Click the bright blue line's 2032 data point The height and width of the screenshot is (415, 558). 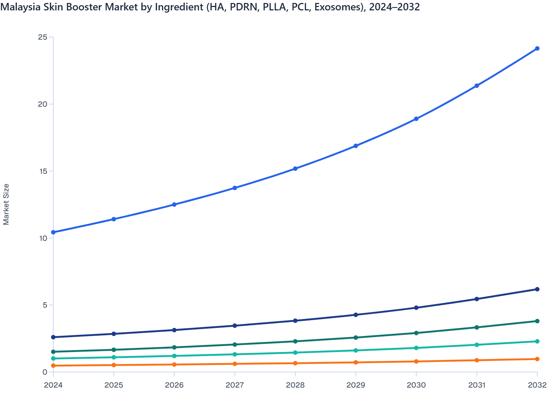[x=537, y=49]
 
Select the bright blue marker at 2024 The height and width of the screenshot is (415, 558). [x=53, y=232]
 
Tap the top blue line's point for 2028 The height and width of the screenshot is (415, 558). [x=295, y=169]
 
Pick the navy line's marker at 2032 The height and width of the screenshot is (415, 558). [x=537, y=289]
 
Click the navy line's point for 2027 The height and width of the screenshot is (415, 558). [x=235, y=326]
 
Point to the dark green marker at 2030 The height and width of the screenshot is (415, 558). [x=416, y=333]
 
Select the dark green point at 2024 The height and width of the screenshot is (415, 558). [x=53, y=352]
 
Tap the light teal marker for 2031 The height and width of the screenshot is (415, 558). [x=477, y=345]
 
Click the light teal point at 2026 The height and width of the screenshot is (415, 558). [x=174, y=356]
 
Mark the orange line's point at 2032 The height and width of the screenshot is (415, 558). [x=537, y=359]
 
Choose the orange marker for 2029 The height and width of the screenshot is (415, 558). [x=356, y=362]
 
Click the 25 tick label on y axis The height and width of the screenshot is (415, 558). [x=43, y=37]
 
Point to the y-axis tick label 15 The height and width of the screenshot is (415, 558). [x=43, y=171]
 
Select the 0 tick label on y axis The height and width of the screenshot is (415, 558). [x=45, y=372]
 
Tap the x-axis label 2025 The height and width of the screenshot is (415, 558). [x=114, y=385]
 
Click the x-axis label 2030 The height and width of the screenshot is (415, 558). [x=416, y=385]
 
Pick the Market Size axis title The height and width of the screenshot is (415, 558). [x=6, y=204]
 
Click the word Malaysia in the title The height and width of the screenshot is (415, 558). [x=17, y=7]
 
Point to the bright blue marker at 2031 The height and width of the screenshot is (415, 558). [x=477, y=86]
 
